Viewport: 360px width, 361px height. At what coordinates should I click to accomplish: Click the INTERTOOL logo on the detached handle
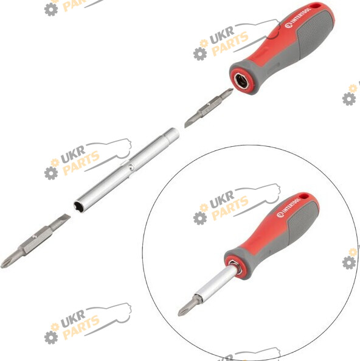[x=298, y=18]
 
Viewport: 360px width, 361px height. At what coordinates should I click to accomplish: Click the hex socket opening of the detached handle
[x=241, y=81]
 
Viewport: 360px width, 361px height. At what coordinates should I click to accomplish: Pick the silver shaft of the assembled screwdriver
[x=216, y=284]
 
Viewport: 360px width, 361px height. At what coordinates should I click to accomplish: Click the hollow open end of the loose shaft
[x=78, y=206]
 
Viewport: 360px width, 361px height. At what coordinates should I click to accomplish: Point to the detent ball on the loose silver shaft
[x=131, y=167]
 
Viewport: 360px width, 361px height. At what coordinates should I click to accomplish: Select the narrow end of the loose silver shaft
[x=172, y=135]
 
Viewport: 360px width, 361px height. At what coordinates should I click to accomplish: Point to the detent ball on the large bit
[x=34, y=236]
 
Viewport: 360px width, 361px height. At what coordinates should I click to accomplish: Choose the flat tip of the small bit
[x=189, y=122]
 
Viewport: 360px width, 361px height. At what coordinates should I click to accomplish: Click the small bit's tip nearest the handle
[x=227, y=93]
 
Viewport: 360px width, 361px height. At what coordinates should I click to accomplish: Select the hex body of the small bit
[x=209, y=107]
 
